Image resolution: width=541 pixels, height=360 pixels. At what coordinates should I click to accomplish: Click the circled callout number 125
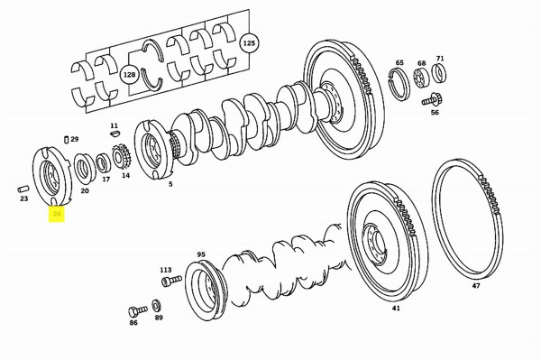249,42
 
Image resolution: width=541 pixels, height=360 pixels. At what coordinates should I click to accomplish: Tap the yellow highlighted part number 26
57,214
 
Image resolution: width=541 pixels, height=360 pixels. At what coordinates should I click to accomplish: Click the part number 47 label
475,286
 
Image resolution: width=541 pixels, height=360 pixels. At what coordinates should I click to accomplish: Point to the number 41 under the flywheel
395,309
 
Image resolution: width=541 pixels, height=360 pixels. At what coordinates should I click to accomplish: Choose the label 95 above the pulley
201,254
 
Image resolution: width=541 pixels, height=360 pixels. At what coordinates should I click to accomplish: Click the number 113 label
166,269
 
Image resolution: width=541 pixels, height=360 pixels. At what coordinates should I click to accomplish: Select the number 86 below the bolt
133,321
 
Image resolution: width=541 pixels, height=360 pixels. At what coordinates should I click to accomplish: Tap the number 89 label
159,318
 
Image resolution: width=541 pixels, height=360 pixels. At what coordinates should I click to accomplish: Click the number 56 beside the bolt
435,113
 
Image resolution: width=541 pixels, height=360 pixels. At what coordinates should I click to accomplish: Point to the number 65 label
399,63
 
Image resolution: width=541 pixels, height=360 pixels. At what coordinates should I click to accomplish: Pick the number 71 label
440,59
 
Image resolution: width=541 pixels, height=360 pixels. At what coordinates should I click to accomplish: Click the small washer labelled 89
159,303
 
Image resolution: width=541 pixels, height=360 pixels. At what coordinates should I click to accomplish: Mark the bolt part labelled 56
435,97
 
